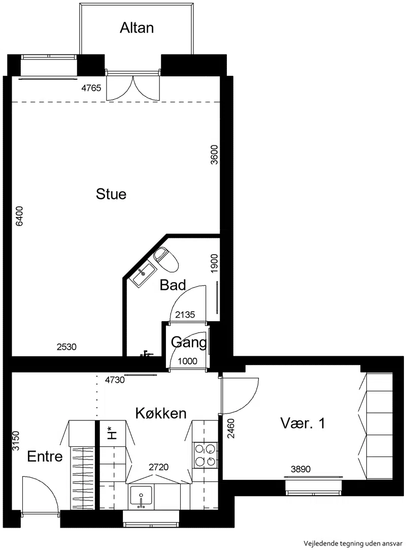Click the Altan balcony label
pos(137,28)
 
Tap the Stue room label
pos(111,194)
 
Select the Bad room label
pos(173,285)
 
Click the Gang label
pos(188,342)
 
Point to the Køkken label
pos(161,413)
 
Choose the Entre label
pos(45,456)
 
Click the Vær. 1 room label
pos(302,423)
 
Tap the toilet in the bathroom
pos(166,259)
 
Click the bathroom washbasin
pos(143,273)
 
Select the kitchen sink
pos(141,497)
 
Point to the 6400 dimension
pos(19,216)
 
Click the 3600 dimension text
pos(214,155)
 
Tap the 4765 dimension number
pos(91,88)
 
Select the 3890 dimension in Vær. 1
pos(301,469)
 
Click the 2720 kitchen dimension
pos(159,467)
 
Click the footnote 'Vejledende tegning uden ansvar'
pos(353,543)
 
